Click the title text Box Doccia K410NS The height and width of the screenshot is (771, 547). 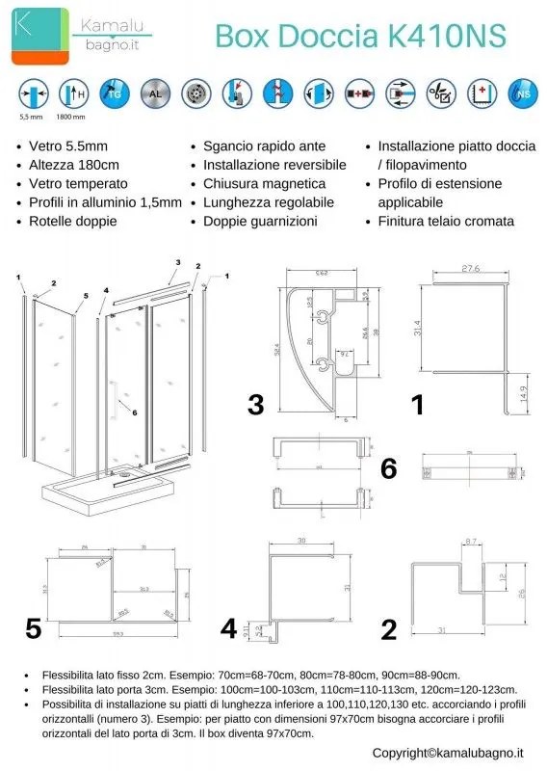click(x=360, y=37)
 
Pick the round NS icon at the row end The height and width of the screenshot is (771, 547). click(x=522, y=94)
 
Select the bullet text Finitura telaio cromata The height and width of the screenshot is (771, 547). click(x=446, y=221)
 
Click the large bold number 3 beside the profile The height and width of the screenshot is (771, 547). click(x=255, y=406)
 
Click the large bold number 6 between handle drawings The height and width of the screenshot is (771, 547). click(x=388, y=468)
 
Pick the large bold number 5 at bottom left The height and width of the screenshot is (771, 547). click(x=34, y=629)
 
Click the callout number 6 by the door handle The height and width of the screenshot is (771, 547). click(x=134, y=412)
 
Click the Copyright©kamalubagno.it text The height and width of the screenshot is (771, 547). click(x=448, y=752)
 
